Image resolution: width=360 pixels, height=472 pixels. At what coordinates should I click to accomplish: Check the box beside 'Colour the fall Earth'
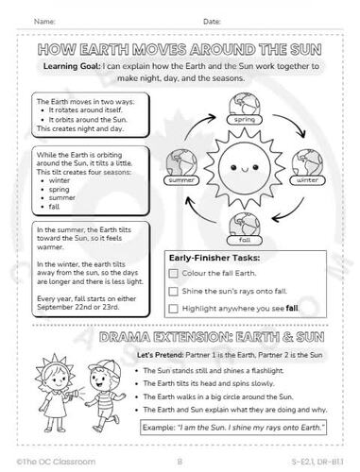(x=173, y=273)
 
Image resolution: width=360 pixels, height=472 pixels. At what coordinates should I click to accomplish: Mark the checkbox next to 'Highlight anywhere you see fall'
(x=173, y=308)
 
